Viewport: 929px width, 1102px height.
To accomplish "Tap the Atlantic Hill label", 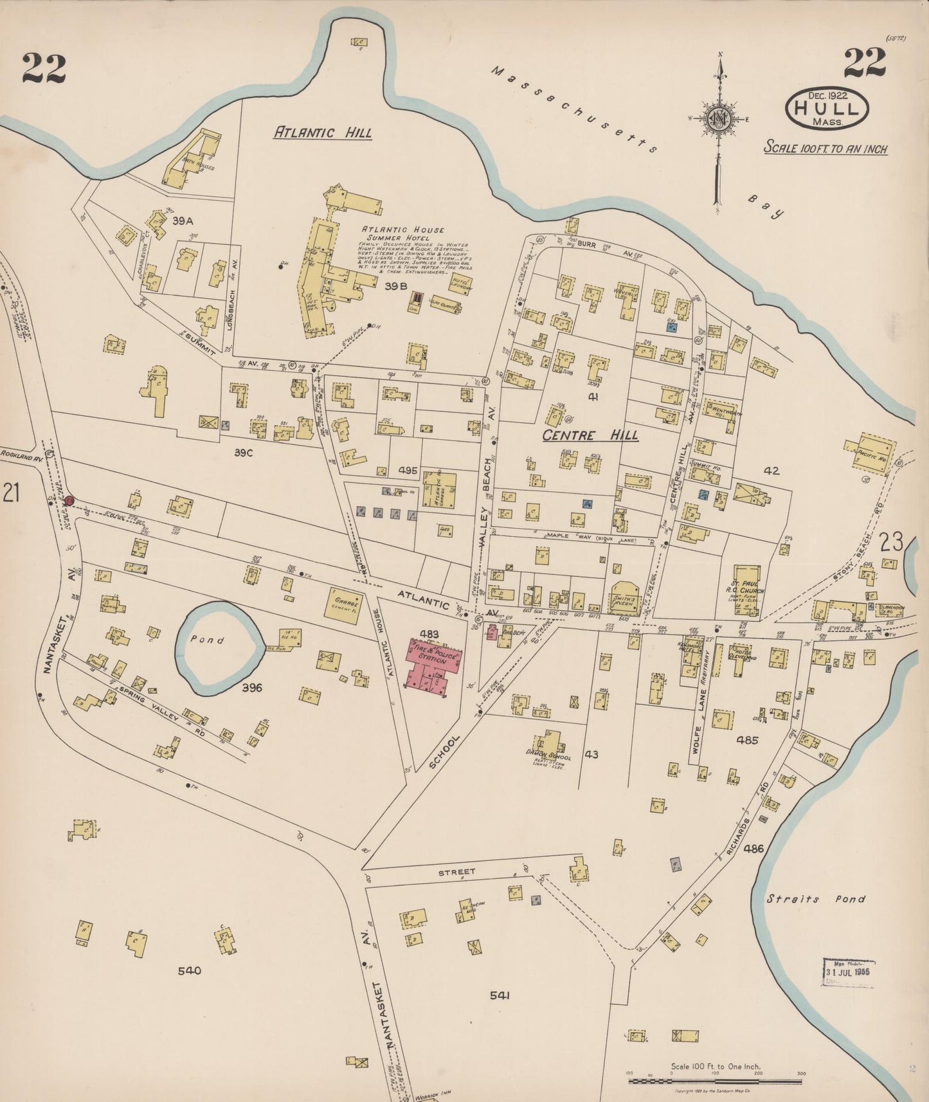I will coord(323,132).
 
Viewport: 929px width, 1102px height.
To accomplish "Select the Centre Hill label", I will coord(590,435).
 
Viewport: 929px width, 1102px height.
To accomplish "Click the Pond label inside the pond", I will coord(207,640).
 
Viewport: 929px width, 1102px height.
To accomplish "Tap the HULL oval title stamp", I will coord(827,107).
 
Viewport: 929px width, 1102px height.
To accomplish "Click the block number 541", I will coord(500,995).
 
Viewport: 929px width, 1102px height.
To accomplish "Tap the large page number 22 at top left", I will coord(44,68).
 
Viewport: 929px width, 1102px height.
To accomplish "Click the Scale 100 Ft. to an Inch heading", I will coord(825,149).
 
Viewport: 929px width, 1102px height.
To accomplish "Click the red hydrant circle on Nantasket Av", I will coord(69,500).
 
